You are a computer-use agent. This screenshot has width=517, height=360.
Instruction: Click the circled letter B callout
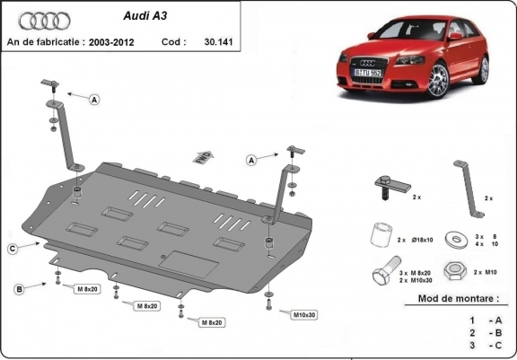pyautogui.click(x=18, y=287)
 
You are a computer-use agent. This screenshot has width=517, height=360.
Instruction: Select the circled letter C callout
pyautogui.click(x=13, y=249)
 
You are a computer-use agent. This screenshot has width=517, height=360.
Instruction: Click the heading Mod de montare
pyautogui.click(x=457, y=298)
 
